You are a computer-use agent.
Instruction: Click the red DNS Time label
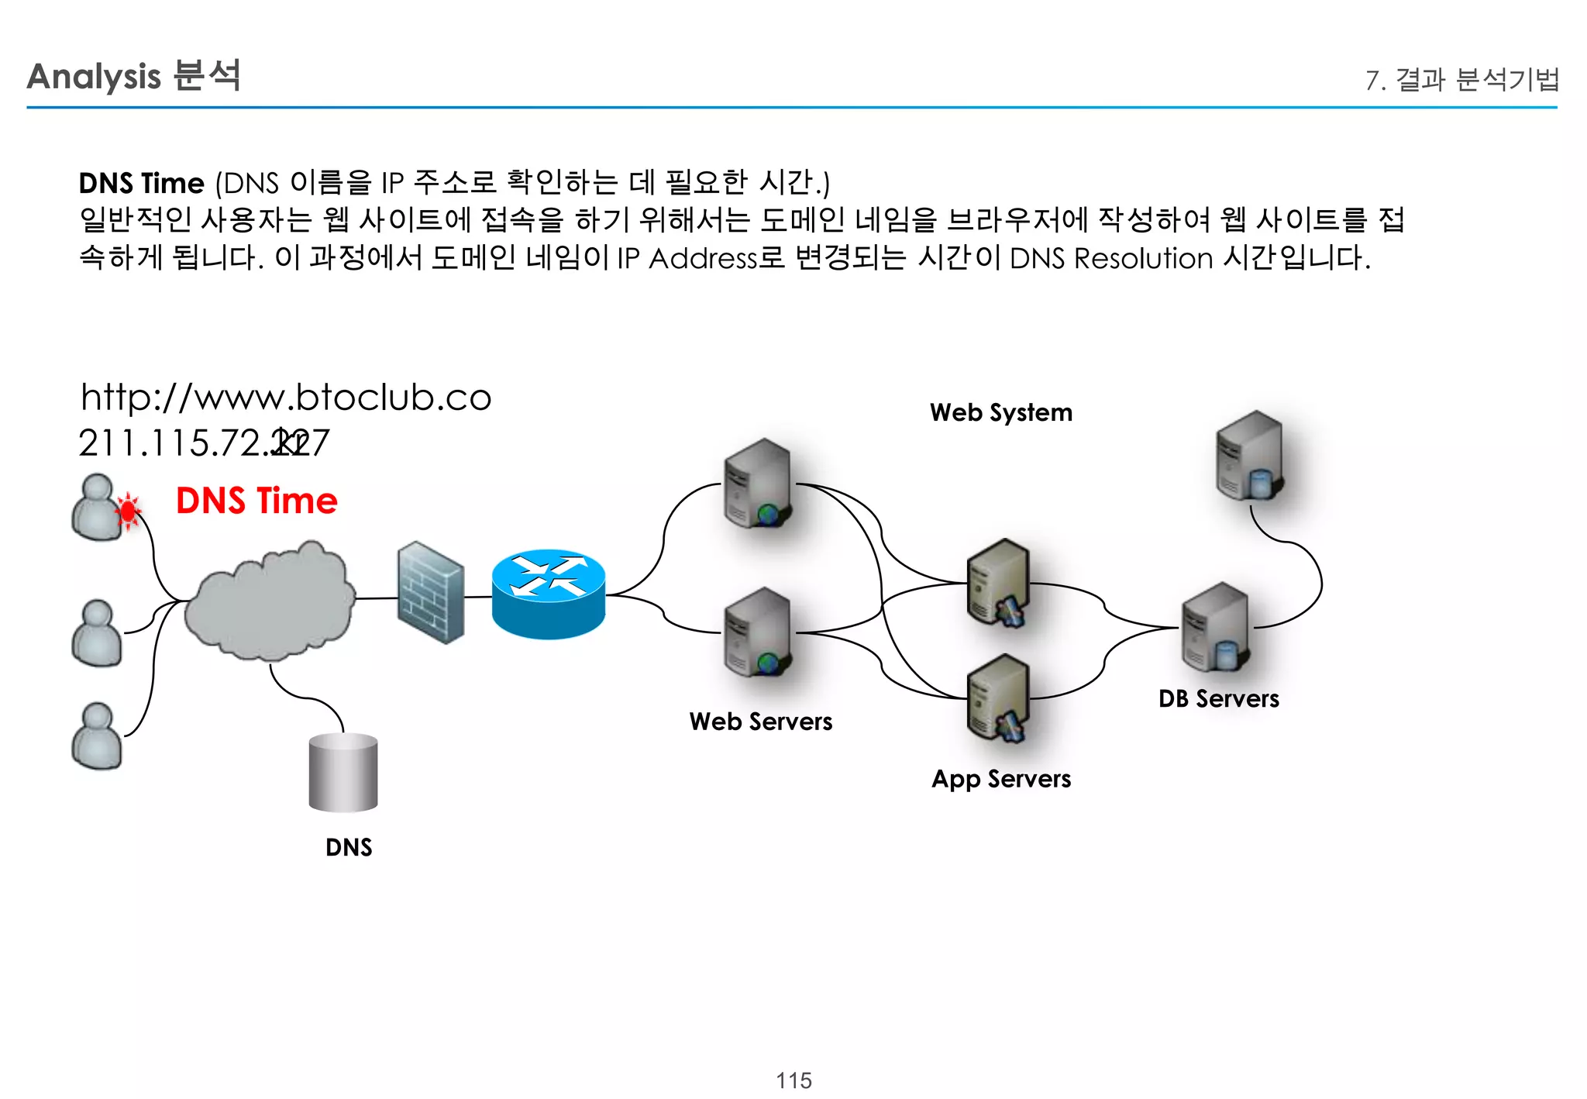pyautogui.click(x=256, y=501)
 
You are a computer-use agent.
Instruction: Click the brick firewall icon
pyautogui.click(x=431, y=593)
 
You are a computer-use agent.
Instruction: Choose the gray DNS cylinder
pyautogui.click(x=343, y=773)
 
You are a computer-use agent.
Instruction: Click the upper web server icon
pyautogui.click(x=758, y=483)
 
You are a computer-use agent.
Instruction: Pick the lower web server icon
pyautogui.click(x=758, y=632)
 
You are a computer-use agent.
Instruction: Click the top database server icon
pyautogui.click(x=1249, y=456)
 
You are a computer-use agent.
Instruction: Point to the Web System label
pyautogui.click(x=1001, y=412)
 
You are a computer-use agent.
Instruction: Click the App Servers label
pyautogui.click(x=1001, y=778)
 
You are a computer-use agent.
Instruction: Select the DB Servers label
pyautogui.click(x=1218, y=698)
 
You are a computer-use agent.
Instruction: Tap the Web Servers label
pyautogui.click(x=760, y=722)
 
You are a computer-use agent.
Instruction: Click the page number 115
pyautogui.click(x=793, y=1080)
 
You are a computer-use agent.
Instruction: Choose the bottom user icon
pyautogui.click(x=97, y=736)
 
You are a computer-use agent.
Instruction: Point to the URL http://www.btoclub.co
pyautogui.click(x=286, y=398)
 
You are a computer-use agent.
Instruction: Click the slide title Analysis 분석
pyautogui.click(x=133, y=76)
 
